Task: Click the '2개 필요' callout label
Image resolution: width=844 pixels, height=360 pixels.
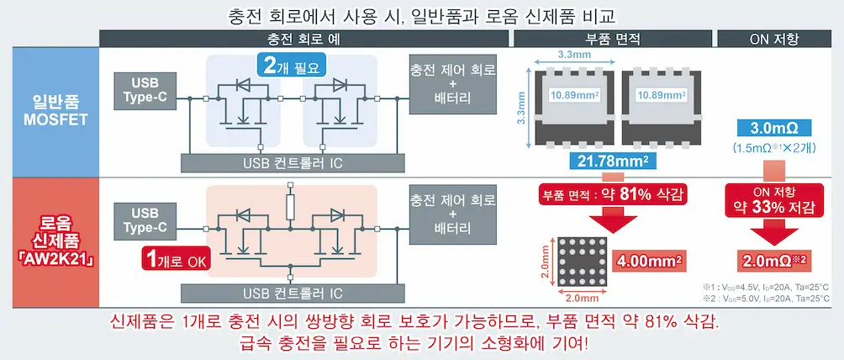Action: tap(290, 66)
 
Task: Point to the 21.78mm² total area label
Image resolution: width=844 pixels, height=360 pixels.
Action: tap(612, 161)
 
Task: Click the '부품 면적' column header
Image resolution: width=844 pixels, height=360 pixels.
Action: tap(612, 39)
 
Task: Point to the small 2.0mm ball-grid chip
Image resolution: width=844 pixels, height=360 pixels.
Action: tap(578, 262)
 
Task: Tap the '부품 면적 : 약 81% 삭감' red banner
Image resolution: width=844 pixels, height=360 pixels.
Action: tap(612, 195)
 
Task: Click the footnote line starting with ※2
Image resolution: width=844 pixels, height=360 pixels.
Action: tap(766, 299)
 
